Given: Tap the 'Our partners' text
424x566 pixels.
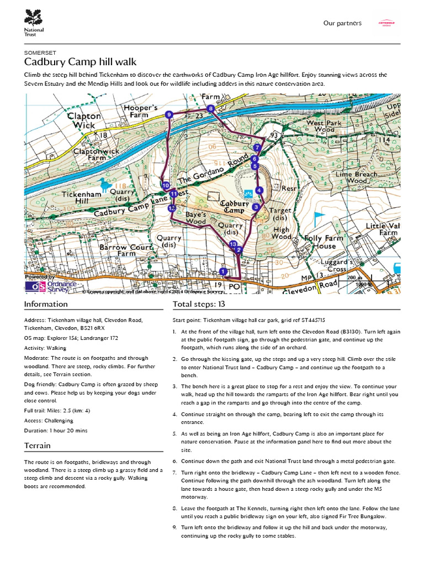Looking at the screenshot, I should pos(342,23).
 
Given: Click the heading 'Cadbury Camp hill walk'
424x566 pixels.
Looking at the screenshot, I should pos(81,61).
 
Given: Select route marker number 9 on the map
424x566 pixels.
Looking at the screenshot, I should pos(168,114).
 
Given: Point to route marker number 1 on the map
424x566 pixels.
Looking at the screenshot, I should pos(222,271).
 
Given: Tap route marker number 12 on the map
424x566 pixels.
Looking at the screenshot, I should pos(172,208).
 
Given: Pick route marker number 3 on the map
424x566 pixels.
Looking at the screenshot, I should pos(256,207).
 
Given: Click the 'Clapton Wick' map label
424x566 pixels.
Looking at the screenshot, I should pos(84,120).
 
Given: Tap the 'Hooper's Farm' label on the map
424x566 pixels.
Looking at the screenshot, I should pos(141,111).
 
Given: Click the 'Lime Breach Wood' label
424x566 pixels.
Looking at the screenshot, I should pos(357,177).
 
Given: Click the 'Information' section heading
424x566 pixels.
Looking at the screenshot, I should pos(46,304).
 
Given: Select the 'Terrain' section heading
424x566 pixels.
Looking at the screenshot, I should pos(38,446).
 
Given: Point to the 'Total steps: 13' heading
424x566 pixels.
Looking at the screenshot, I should pos(198,304).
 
